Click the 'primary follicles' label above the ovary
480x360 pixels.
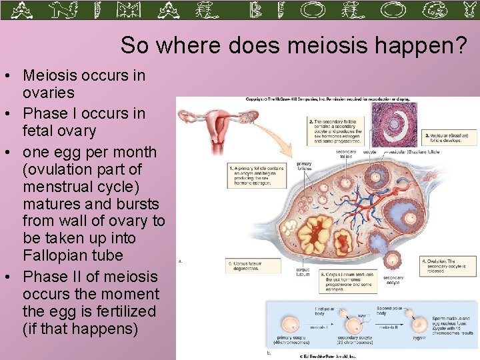tap(304, 166)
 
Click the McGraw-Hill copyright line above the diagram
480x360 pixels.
tap(327, 100)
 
